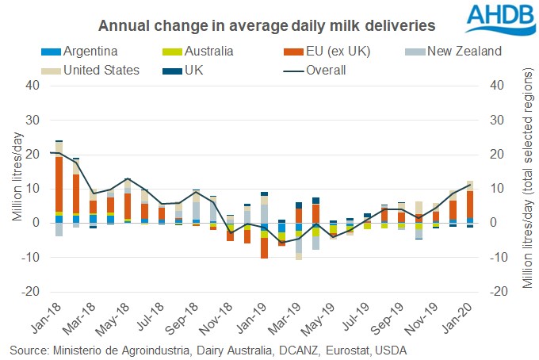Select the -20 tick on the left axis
coord(31,292)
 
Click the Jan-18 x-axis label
coord(55,321)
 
